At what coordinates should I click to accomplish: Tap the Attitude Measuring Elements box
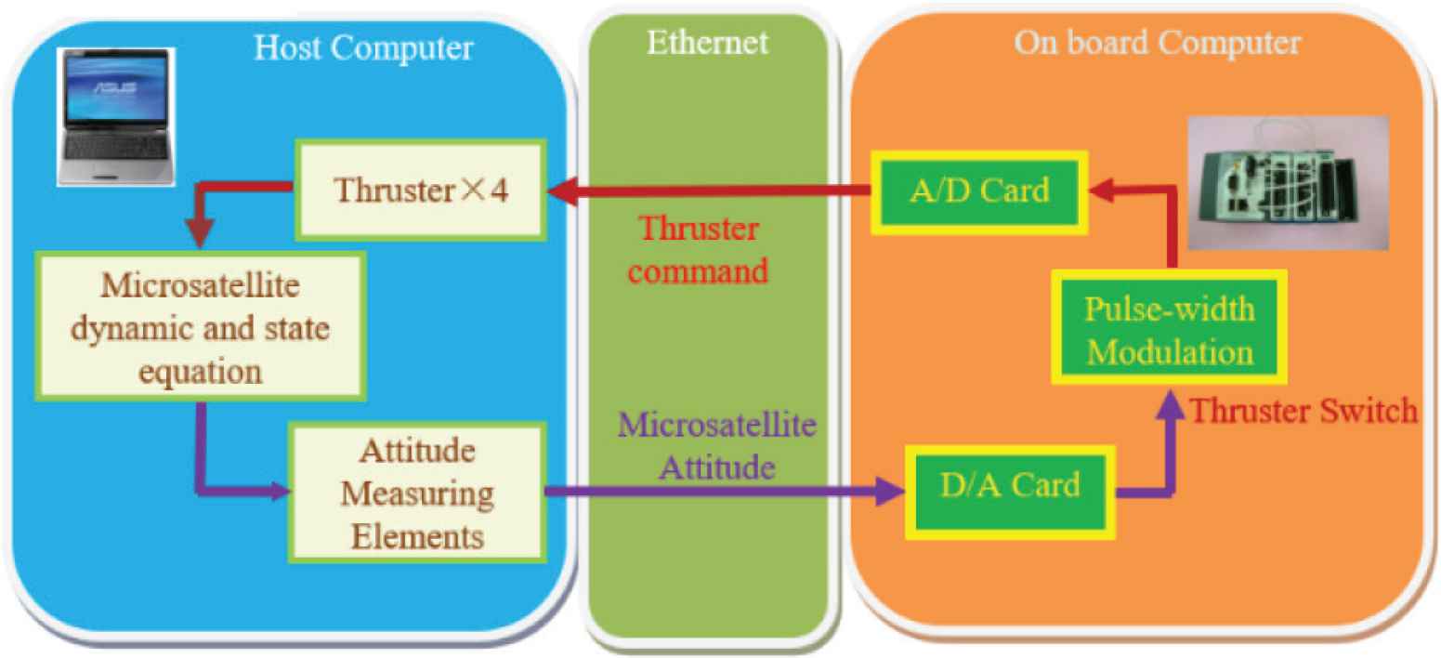pos(416,491)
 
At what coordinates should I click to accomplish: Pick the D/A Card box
pos(1010,486)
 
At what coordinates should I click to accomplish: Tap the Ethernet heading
pos(708,43)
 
